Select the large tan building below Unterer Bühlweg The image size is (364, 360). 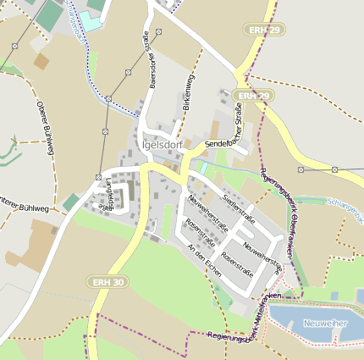pos(31,245)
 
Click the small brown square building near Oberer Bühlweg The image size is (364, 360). pos(41,61)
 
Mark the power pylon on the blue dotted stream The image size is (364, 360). pos(109,99)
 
